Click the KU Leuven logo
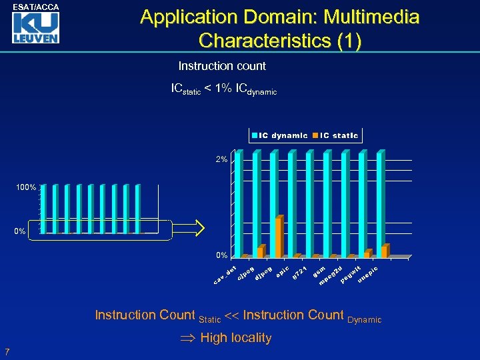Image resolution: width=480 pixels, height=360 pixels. [x=37, y=28]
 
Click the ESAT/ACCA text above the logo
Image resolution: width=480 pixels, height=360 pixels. [x=37, y=7]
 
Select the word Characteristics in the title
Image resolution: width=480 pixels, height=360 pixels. [x=265, y=41]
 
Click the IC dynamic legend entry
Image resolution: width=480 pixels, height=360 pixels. [x=279, y=135]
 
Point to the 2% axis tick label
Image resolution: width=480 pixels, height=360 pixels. [x=221, y=160]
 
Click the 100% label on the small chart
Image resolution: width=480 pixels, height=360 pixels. [x=26, y=188]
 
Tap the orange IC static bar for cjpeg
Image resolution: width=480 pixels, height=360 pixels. [x=261, y=251]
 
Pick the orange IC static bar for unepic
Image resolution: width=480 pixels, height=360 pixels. [x=383, y=251]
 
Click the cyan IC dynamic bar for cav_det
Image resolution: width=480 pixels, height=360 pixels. [x=239, y=203]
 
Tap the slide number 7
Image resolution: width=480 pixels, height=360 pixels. [x=7, y=351]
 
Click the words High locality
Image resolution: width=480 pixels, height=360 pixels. [x=235, y=338]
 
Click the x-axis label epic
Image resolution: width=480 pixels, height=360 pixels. [x=282, y=273]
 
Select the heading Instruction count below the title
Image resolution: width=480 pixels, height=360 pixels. [x=222, y=66]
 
